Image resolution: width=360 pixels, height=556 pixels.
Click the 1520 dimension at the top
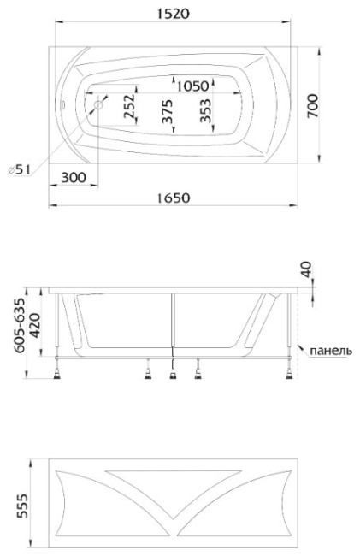pyautogui.click(x=174, y=14)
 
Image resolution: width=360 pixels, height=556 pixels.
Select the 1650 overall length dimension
pyautogui.click(x=174, y=198)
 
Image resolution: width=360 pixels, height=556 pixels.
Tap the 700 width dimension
pyautogui.click(x=312, y=106)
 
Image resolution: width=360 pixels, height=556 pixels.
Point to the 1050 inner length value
pyautogui.click(x=192, y=86)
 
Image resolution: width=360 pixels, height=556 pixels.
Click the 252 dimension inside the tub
pyautogui.click(x=128, y=106)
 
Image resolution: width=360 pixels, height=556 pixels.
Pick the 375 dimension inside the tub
pyautogui.click(x=167, y=111)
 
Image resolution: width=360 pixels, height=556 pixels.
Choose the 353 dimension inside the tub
pyautogui.click(x=205, y=110)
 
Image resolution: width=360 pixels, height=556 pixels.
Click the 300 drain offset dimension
pyautogui.click(x=74, y=177)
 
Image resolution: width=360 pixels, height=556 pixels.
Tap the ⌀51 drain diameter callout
pyautogui.click(x=19, y=170)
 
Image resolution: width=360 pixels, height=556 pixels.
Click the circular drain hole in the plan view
pyautogui.click(x=98, y=104)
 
